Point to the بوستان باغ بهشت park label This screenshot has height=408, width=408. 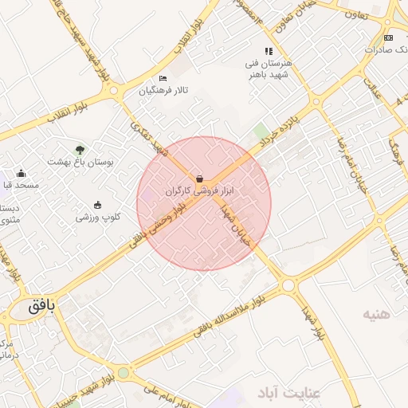click(80, 162)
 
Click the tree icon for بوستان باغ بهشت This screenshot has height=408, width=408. click(80, 149)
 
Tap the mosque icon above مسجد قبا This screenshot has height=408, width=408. click(21, 174)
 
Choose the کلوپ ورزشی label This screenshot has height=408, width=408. click(98, 217)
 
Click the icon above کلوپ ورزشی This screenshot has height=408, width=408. click(98, 205)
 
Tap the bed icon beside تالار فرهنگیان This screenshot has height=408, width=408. click(163, 78)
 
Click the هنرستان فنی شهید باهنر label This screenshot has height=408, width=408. click(269, 69)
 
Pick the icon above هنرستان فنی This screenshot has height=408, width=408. click(269, 51)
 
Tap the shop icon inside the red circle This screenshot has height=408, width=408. click(198, 179)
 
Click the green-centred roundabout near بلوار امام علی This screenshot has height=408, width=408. click(123, 372)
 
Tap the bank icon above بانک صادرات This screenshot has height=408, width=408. click(388, 37)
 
